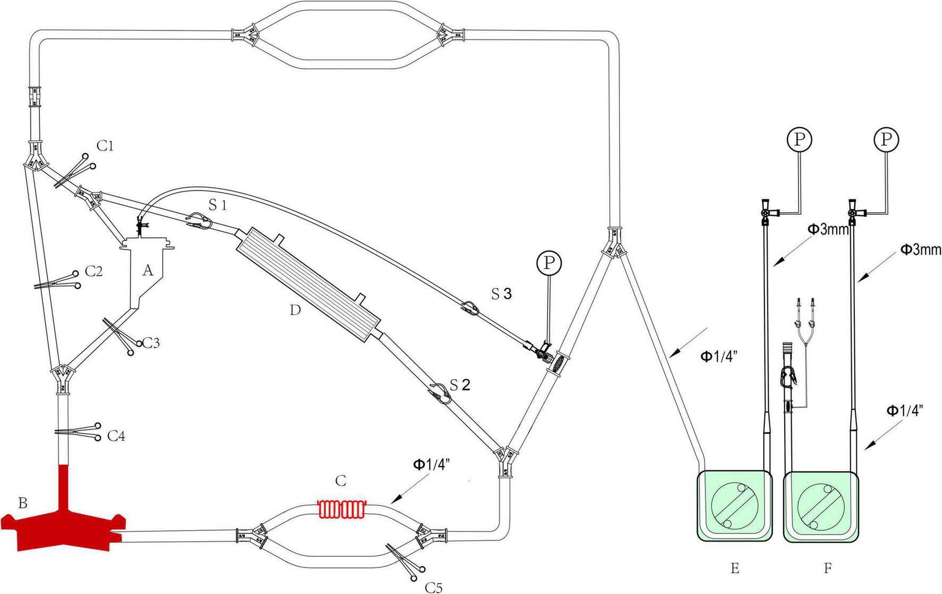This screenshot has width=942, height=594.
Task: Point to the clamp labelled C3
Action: (119, 334)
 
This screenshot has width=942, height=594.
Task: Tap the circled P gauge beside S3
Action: (549, 262)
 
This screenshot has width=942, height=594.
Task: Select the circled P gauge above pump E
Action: (799, 139)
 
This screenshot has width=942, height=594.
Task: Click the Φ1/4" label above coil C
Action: (432, 465)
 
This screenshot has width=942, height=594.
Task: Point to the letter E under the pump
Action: (735, 568)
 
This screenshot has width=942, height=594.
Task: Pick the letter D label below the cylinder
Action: (296, 309)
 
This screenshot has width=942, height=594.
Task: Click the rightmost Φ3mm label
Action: (921, 249)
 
